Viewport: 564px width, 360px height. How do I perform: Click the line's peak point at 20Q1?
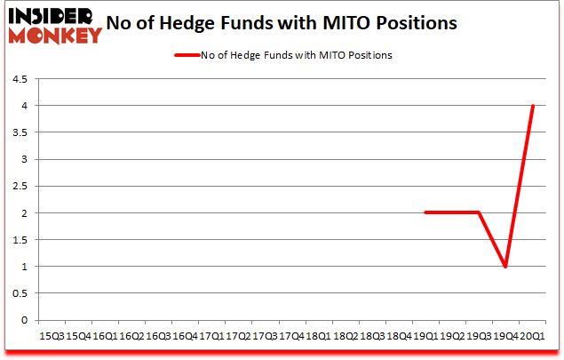tap(533, 106)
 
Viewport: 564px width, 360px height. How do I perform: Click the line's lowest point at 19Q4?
tap(506, 267)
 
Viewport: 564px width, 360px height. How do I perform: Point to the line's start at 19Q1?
tap(426, 213)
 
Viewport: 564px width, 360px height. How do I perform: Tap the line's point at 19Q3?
tap(480, 213)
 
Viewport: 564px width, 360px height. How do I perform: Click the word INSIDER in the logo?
tap(53, 17)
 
